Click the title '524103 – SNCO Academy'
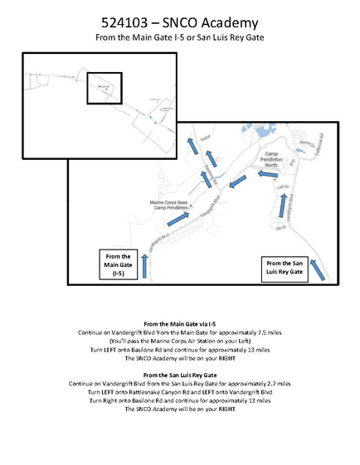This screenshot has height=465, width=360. [x=179, y=22]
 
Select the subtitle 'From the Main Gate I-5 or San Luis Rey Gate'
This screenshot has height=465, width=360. [x=179, y=38]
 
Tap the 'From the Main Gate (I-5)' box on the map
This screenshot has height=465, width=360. [x=114, y=266]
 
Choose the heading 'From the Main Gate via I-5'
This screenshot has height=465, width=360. [x=180, y=322]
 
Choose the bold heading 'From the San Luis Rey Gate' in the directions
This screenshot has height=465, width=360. [x=180, y=375]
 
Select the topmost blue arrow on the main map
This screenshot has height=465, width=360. [x=192, y=147]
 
